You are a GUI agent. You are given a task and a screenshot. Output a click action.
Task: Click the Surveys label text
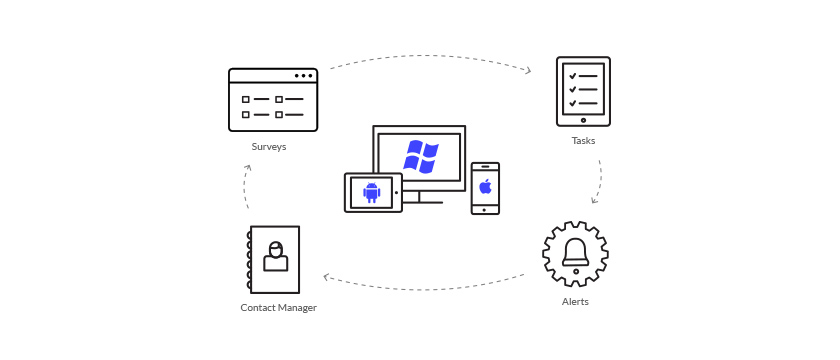[x=269, y=147]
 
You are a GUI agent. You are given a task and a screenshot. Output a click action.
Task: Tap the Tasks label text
[x=583, y=141]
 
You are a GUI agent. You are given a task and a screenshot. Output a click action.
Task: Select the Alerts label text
[x=575, y=301]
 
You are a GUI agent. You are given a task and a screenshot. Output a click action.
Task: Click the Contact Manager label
[x=278, y=308]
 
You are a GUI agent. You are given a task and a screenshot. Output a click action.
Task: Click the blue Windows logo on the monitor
[x=421, y=157]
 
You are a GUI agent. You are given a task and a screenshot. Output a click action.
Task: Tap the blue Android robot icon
[x=371, y=192]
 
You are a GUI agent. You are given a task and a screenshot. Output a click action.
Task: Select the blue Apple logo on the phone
[x=485, y=186]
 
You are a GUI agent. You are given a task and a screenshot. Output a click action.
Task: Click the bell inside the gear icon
[x=575, y=252]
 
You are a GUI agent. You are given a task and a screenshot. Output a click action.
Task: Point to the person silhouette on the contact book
[x=275, y=256]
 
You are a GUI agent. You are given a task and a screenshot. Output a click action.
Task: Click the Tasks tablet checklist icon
[x=583, y=91]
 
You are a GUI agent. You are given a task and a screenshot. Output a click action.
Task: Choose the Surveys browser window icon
[x=273, y=100]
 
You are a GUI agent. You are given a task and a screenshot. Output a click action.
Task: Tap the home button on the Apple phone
[x=485, y=209]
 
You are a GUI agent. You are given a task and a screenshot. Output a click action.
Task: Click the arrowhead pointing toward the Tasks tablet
[x=527, y=70]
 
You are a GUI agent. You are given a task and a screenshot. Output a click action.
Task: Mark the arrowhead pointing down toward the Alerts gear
[x=595, y=199]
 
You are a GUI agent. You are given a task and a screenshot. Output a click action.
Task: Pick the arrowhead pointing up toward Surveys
[x=247, y=169]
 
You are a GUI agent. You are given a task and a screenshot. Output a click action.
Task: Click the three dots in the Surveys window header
[x=303, y=76]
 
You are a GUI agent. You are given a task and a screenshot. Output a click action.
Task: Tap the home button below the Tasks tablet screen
[x=583, y=120]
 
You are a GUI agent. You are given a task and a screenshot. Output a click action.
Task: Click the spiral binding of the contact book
[x=249, y=260]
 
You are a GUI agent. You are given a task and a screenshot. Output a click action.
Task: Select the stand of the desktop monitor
[x=420, y=197]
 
